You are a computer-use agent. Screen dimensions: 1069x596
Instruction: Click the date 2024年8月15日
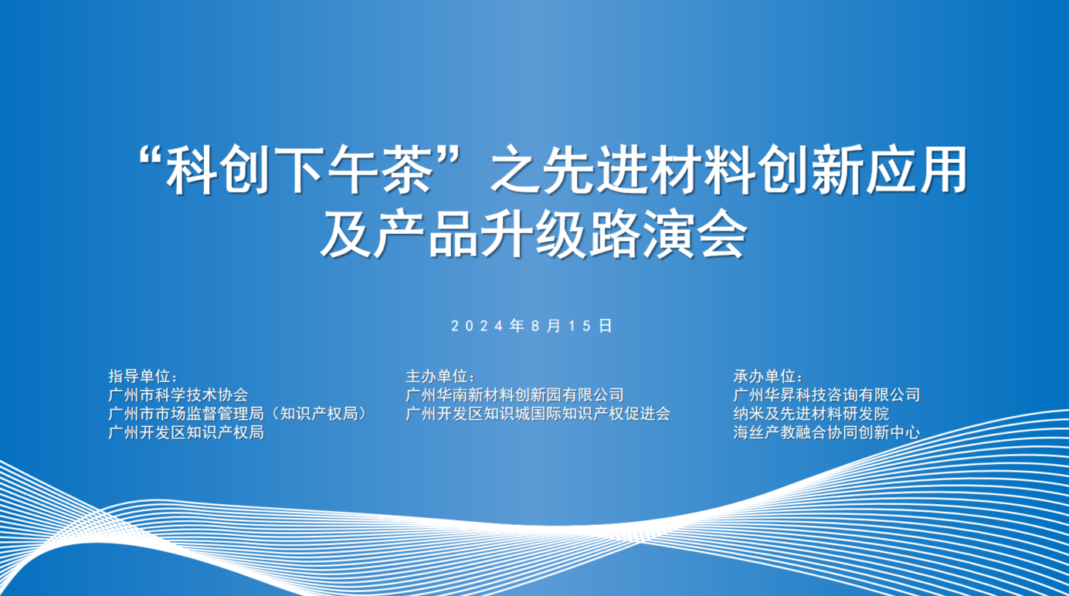[531, 326]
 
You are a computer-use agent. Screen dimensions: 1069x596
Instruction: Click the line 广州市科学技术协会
[178, 395]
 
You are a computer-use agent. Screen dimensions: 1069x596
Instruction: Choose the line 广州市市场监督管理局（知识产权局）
[238, 413]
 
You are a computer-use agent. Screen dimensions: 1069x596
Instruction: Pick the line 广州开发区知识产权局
[186, 432]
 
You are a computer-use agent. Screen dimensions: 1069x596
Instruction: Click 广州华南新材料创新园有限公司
[514, 395]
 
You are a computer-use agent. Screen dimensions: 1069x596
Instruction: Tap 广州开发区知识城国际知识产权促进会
[538, 413]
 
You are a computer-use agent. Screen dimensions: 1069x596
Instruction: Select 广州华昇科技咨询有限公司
[826, 395]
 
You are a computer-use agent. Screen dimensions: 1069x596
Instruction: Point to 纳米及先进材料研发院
[811, 413]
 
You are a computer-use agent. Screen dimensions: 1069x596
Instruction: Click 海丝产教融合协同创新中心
[826, 432]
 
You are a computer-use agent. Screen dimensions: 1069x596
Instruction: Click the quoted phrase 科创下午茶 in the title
[300, 171]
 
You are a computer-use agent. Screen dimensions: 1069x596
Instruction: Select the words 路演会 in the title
[668, 235]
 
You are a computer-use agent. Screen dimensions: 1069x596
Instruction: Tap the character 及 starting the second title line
[347, 235]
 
